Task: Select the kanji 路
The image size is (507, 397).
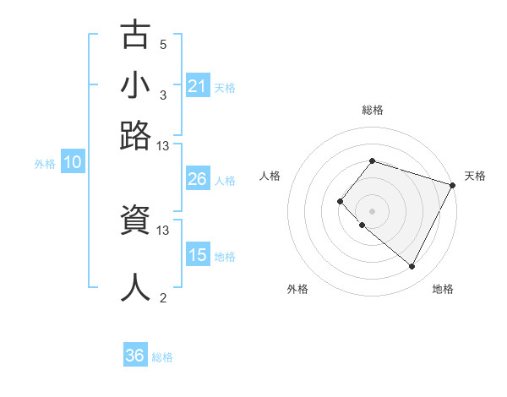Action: (x=136, y=134)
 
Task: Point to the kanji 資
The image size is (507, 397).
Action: (x=136, y=222)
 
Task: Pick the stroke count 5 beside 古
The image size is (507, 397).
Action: (x=163, y=44)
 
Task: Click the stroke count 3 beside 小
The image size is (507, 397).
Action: (x=163, y=95)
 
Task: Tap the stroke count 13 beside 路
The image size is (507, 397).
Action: (x=163, y=145)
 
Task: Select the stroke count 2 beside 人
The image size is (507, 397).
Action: (x=163, y=297)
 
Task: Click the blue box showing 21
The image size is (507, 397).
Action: (x=198, y=85)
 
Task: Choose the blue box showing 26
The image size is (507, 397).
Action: (x=198, y=179)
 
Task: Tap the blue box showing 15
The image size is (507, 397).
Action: (x=198, y=255)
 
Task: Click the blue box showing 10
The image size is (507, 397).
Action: (x=73, y=163)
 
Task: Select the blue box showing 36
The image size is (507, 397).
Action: (x=135, y=356)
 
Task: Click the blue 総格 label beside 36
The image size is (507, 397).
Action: (x=162, y=357)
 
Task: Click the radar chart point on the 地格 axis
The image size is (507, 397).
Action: (x=412, y=267)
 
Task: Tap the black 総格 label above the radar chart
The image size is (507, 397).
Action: (x=372, y=110)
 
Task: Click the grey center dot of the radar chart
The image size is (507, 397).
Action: (x=372, y=210)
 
